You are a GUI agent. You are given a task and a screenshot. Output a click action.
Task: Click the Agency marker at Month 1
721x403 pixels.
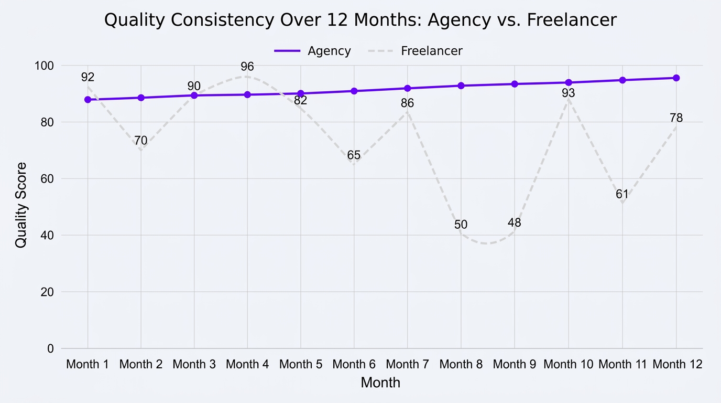pyautogui.click(x=88, y=100)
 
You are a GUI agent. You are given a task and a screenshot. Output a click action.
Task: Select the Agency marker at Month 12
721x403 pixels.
pyautogui.click(x=676, y=78)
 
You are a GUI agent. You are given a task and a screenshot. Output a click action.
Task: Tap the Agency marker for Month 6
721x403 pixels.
pyautogui.click(x=354, y=91)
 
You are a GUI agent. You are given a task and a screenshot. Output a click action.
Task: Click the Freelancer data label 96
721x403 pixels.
pyautogui.click(x=247, y=67)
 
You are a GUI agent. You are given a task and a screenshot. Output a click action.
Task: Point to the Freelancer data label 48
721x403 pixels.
pyautogui.click(x=515, y=223)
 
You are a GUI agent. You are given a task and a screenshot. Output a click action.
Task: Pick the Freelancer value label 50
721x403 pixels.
pyautogui.click(x=461, y=225)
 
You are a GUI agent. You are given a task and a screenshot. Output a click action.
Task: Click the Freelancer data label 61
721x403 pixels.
pyautogui.click(x=622, y=195)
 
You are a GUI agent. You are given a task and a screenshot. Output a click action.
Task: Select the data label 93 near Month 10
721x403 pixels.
pyautogui.click(x=569, y=93)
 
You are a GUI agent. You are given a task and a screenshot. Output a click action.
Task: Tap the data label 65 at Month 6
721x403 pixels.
pyautogui.click(x=354, y=155)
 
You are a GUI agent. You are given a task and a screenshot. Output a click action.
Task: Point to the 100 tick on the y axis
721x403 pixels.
pyautogui.click(x=45, y=66)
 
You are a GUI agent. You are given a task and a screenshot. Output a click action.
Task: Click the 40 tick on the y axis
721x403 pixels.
pyautogui.click(x=47, y=235)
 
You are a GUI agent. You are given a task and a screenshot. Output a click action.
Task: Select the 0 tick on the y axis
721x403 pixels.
pyautogui.click(x=50, y=348)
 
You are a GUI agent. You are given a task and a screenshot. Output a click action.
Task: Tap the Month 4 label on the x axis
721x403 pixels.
pyautogui.click(x=247, y=364)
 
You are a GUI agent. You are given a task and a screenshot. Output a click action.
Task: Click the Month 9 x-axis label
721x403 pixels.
pyautogui.click(x=515, y=364)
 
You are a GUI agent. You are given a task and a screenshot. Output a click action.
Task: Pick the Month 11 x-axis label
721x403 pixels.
pyautogui.click(x=622, y=364)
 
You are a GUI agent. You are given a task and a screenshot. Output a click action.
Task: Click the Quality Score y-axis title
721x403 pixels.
pyautogui.click(x=21, y=205)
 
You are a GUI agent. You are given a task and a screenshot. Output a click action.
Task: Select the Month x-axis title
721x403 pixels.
pyautogui.click(x=380, y=383)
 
